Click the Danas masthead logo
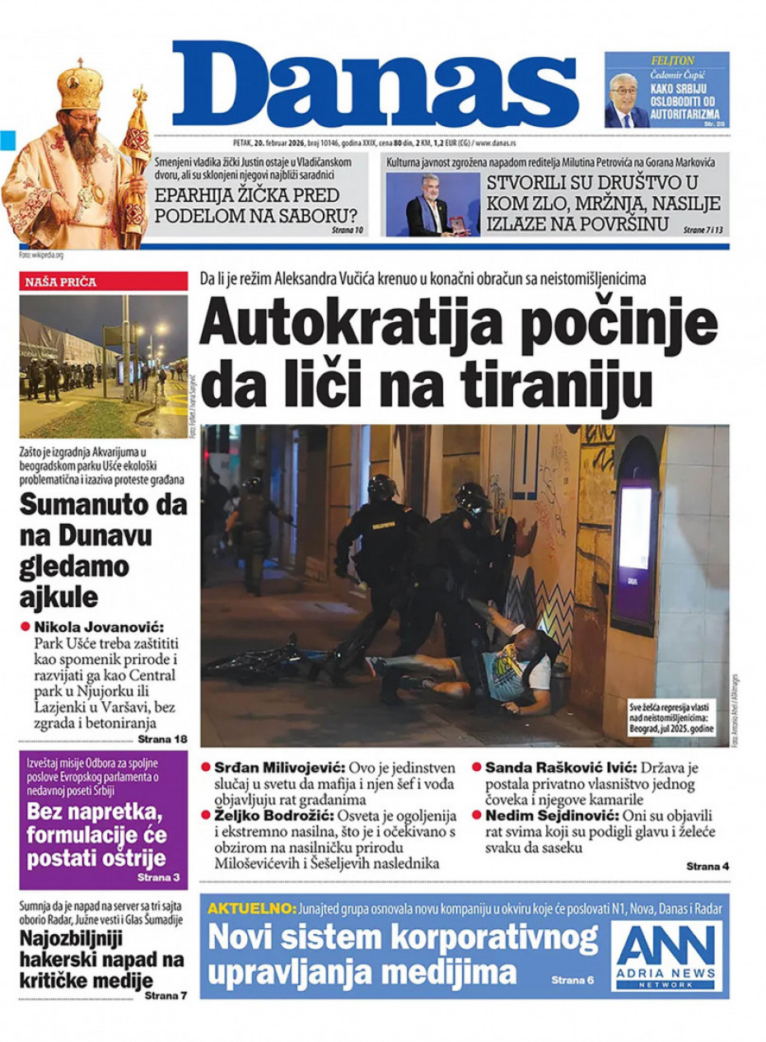[375, 82]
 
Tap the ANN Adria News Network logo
[667, 956]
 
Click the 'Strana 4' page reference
[707, 867]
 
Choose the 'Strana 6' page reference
[572, 980]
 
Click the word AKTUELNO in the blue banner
[250, 909]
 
